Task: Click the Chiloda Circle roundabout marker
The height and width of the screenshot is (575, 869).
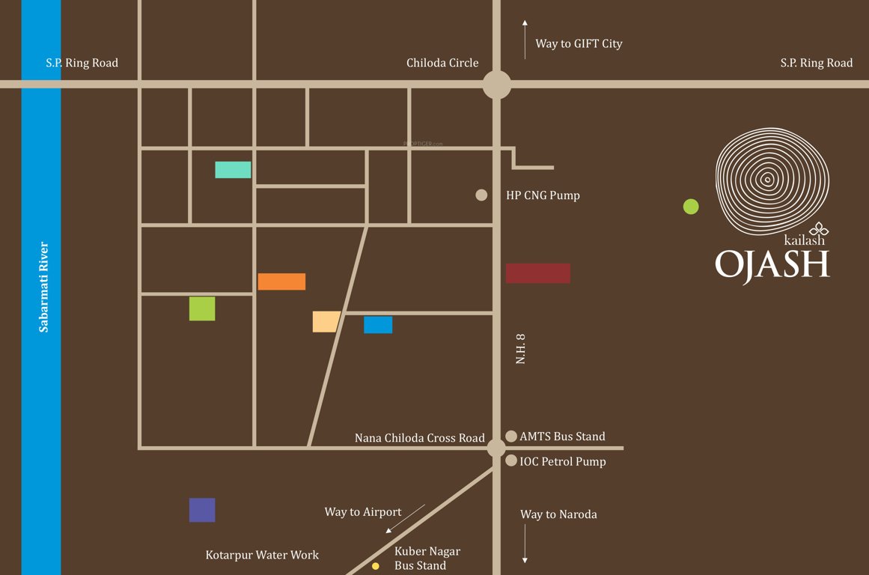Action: [496, 84]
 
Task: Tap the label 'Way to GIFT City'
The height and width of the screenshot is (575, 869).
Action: [579, 43]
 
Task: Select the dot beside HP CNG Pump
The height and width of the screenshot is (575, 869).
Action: [481, 195]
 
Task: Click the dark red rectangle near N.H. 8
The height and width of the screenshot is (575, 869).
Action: [537, 273]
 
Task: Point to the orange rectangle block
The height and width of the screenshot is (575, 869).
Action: [281, 282]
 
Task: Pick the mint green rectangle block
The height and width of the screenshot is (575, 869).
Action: [233, 170]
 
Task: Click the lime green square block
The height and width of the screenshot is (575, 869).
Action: [202, 308]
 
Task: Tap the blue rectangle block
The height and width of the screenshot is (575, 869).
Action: [378, 325]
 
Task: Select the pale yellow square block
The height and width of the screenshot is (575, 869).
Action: [326, 321]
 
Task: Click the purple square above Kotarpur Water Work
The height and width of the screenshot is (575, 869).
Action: [202, 510]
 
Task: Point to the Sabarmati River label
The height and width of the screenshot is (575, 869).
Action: [43, 287]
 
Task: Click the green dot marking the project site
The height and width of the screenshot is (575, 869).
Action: [691, 207]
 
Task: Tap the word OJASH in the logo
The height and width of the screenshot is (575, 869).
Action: [772, 264]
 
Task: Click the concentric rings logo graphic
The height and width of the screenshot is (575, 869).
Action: [772, 177]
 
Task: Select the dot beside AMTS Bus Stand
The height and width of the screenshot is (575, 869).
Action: [511, 436]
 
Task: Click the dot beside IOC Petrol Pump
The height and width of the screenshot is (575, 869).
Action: [511, 461]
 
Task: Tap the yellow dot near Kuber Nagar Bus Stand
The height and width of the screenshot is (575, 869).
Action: [376, 566]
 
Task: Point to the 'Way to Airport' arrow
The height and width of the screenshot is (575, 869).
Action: [405, 519]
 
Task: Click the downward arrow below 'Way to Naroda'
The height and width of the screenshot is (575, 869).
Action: [525, 544]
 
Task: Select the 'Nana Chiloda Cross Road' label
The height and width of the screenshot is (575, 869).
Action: [419, 438]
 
